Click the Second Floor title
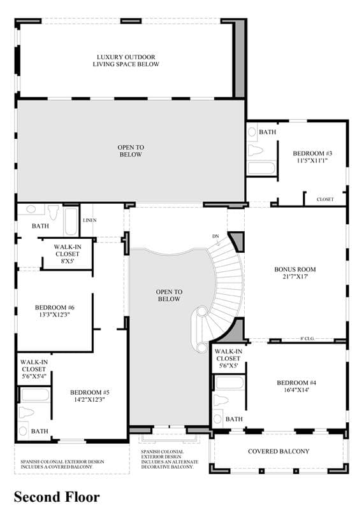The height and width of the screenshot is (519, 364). click(x=57, y=497)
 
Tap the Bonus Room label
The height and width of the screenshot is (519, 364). click(x=295, y=269)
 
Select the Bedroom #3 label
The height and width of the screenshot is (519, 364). click(x=312, y=153)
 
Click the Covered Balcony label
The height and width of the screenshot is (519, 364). click(x=279, y=451)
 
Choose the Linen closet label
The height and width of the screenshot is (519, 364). click(x=90, y=220)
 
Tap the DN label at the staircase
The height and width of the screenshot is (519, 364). click(x=215, y=236)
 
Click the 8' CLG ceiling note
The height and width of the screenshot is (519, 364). click(x=307, y=339)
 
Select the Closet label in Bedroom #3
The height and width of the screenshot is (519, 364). click(x=325, y=199)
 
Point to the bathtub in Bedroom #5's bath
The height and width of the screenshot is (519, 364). click(x=35, y=395)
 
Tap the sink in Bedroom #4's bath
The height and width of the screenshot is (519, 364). click(x=217, y=419)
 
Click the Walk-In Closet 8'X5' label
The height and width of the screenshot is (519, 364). click(x=68, y=254)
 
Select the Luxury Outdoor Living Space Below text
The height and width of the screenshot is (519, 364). click(x=126, y=60)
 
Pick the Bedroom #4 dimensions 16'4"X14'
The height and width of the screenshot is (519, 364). click(x=296, y=390)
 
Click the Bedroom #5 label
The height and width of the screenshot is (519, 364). click(x=90, y=392)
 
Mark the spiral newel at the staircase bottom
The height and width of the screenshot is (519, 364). click(x=201, y=312)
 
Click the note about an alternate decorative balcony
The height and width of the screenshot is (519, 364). click(x=170, y=459)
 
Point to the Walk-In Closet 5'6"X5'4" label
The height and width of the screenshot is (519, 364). click(x=34, y=369)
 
